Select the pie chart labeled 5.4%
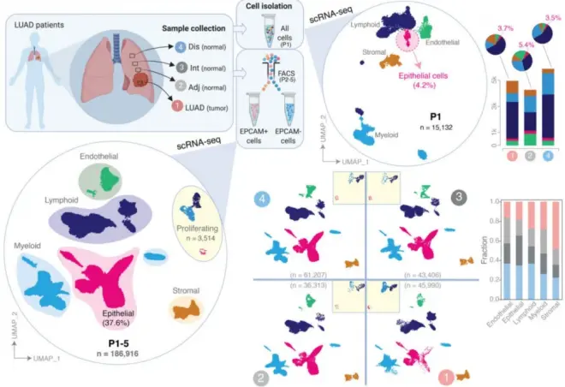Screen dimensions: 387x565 coord(518,63)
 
